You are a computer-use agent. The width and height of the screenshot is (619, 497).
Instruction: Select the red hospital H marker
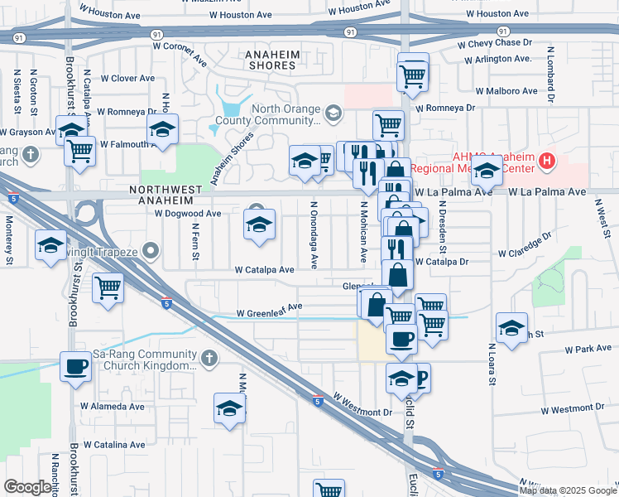[546, 161]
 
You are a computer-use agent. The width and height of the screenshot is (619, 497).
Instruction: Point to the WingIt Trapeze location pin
[150, 249]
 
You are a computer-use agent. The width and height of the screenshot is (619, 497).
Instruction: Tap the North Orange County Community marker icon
[333, 113]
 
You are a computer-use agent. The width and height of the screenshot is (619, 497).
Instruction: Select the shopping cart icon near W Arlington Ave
[412, 76]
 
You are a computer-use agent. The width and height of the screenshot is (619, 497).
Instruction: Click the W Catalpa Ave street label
[264, 270]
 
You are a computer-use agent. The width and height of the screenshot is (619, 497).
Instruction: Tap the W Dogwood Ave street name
[188, 213]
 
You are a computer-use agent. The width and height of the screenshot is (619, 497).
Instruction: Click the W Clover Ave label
[127, 79]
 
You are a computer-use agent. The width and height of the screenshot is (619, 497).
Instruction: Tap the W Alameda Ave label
[112, 407]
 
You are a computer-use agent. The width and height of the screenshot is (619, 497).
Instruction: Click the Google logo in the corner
[27, 487]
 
